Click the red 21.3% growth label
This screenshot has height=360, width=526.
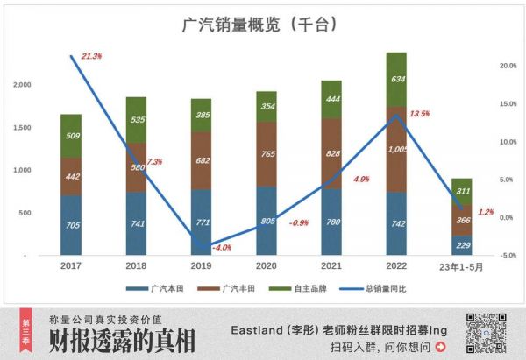[91, 56]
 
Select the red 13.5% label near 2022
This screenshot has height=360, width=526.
[419, 114]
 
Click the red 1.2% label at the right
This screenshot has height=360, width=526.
[486, 212]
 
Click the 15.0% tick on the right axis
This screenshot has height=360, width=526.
[507, 103]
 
